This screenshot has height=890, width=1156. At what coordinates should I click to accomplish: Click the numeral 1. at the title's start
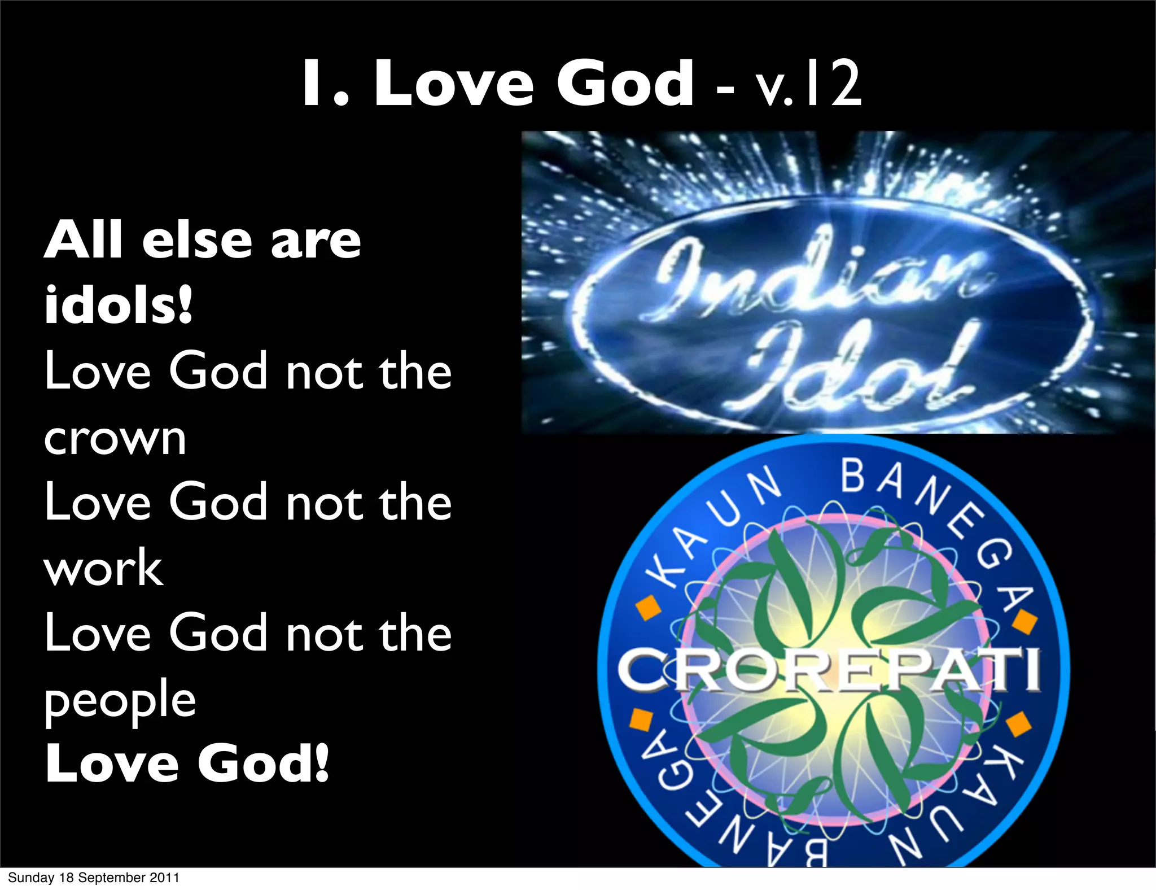pyautogui.click(x=325, y=85)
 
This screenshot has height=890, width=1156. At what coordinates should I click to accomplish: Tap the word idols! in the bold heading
pyautogui.click(x=119, y=305)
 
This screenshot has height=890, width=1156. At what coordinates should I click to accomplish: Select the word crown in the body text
pyautogui.click(x=115, y=438)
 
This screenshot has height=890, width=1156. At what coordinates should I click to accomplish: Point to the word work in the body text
pyautogui.click(x=104, y=568)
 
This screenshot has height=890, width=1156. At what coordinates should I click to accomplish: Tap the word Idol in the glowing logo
pyautogui.click(x=858, y=367)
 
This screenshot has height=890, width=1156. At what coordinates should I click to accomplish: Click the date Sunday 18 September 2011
pyautogui.click(x=94, y=878)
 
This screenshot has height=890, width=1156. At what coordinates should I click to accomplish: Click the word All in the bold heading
pyautogui.click(x=84, y=241)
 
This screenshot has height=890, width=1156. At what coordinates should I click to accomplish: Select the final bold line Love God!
pyautogui.click(x=186, y=764)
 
